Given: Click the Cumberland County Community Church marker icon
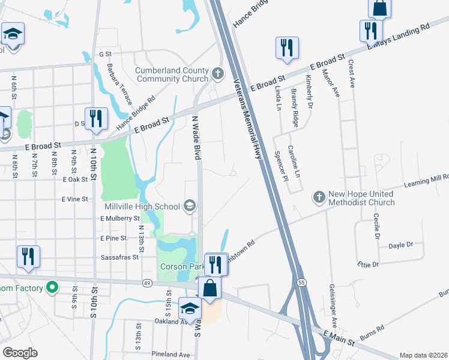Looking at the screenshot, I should (x=217, y=75).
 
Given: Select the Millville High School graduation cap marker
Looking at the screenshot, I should (x=190, y=206).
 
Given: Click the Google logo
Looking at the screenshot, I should (x=20, y=353).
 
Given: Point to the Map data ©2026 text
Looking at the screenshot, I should (x=423, y=355).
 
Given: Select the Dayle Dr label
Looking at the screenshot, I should (x=401, y=245).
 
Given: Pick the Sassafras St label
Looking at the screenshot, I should (x=118, y=256).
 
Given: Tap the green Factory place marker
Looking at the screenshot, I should (x=52, y=288).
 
